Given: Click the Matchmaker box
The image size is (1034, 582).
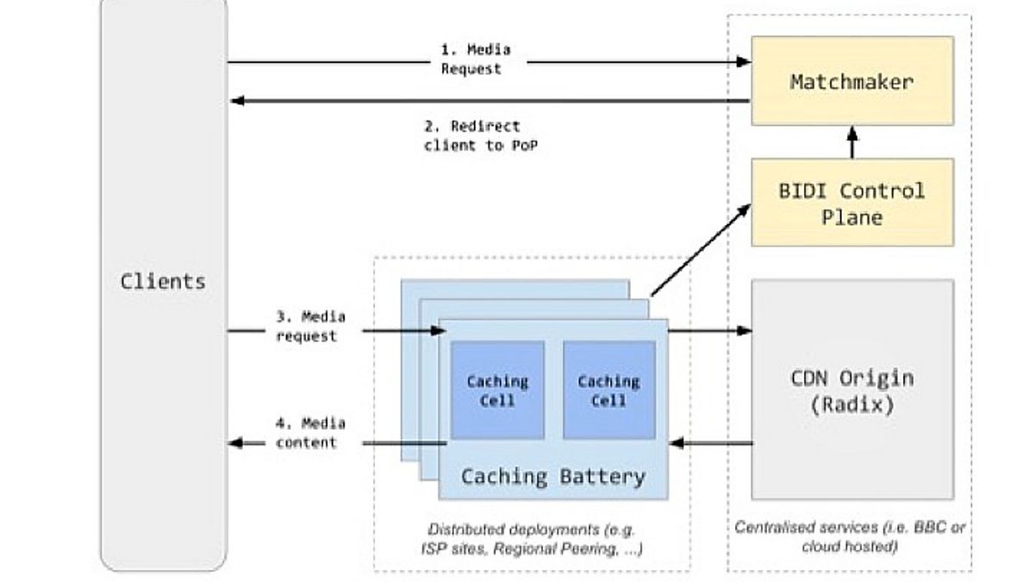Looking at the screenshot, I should (852, 83).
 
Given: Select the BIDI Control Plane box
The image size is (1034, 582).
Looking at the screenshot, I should (852, 203).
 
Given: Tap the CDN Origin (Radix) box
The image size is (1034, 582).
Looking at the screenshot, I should (852, 390).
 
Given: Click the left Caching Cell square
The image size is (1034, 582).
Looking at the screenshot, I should (497, 391).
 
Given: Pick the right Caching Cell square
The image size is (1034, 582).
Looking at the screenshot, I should (609, 391).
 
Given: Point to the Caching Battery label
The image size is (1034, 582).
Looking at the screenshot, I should (552, 476).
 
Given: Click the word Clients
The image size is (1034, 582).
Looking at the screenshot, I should (163, 281).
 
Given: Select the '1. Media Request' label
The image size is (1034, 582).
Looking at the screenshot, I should (471, 59).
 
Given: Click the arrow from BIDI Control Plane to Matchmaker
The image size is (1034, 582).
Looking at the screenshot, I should (853, 142).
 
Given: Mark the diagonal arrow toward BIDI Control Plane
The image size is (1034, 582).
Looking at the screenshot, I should (700, 251).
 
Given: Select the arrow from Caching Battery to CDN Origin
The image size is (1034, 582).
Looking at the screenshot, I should (709, 330).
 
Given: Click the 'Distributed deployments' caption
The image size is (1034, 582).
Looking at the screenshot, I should (531, 537).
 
